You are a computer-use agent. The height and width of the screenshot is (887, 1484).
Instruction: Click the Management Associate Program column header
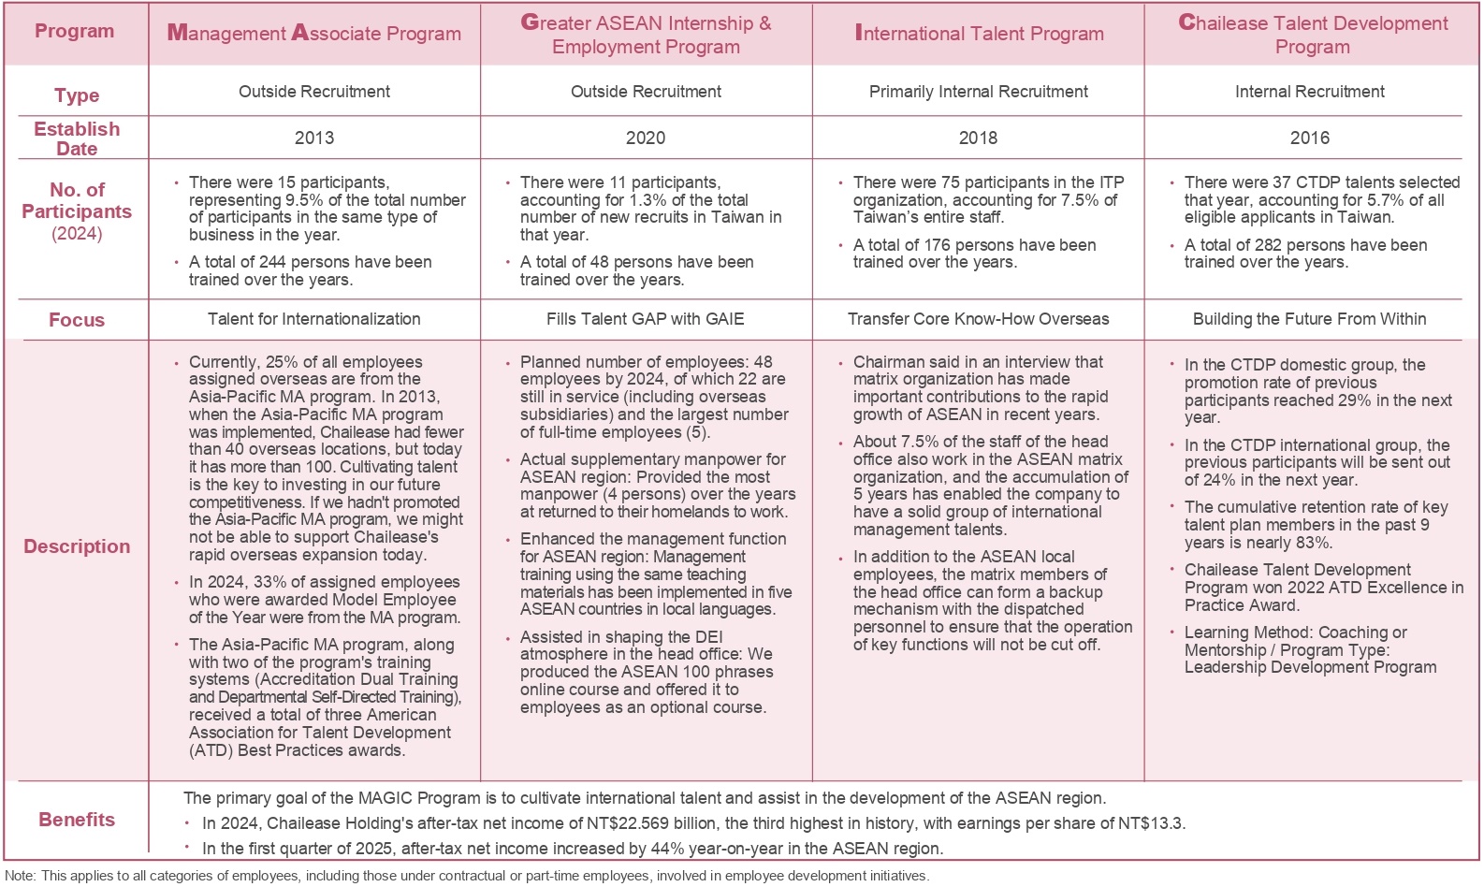coord(313,34)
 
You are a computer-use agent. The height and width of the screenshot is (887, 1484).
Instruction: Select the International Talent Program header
coord(979,34)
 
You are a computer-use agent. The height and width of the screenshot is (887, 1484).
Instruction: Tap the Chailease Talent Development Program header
coord(1312,35)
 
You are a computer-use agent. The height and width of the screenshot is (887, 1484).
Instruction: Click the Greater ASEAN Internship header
coord(646,35)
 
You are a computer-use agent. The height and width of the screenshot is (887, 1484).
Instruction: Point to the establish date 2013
coord(313,138)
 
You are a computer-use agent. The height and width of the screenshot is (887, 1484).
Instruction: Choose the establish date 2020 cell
coord(646,138)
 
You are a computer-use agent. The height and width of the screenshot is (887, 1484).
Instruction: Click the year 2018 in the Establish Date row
coord(978,138)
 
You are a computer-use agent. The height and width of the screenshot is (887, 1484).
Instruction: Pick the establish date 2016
coord(1309,138)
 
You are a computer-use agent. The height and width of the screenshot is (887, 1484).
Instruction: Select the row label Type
coord(77,95)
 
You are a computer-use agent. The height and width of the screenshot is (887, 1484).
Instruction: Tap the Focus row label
coord(77,320)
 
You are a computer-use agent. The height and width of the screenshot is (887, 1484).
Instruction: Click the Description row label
coord(77,546)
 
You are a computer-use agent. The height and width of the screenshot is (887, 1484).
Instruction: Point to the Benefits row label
coord(77,820)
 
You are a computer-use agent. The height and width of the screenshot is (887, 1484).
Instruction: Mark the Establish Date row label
coord(77,138)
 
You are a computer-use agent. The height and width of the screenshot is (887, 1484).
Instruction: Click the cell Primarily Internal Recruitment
coord(978,92)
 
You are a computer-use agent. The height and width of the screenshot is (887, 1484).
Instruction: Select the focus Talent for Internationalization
coord(313,319)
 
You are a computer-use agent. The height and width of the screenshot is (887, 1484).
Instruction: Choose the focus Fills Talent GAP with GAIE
coord(646,319)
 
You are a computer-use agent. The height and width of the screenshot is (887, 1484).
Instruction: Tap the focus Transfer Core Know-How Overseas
coord(978,319)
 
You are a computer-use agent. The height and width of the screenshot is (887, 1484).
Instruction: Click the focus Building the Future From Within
coord(1309,319)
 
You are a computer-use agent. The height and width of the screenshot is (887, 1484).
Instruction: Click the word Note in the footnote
coord(20,876)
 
